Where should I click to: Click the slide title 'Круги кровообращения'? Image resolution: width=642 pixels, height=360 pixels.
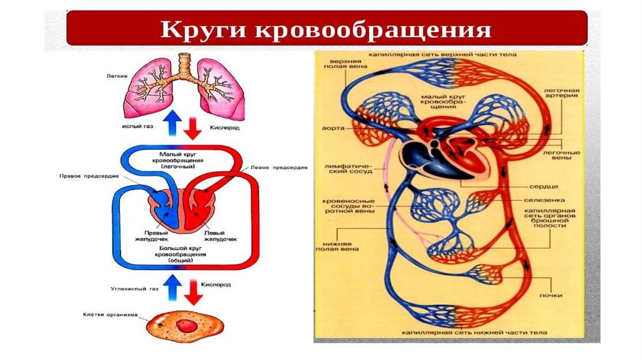pyautogui.click(x=325, y=29)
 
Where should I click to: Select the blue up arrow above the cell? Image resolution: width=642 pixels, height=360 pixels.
pyautogui.click(x=172, y=289)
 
